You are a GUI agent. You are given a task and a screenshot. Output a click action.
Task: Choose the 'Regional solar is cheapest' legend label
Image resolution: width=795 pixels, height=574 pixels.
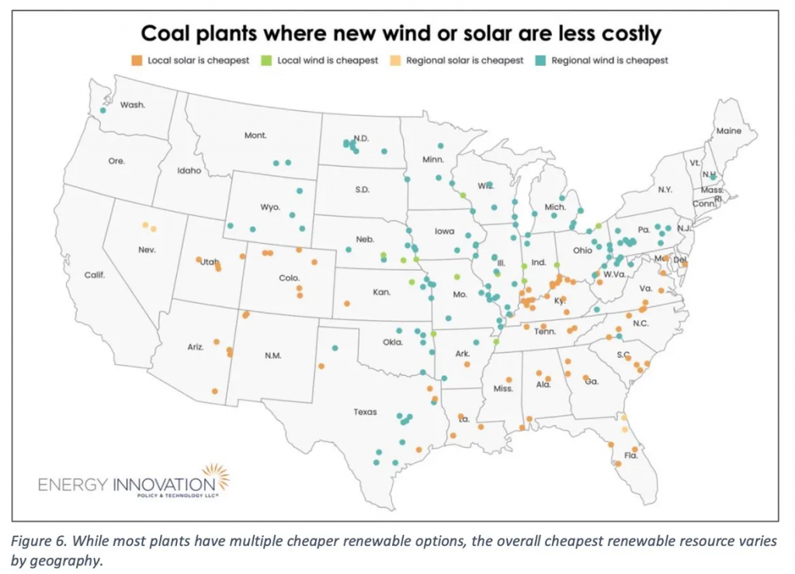coord(475,60)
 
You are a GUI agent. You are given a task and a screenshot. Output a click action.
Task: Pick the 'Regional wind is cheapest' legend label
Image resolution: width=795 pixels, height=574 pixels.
coord(609,60)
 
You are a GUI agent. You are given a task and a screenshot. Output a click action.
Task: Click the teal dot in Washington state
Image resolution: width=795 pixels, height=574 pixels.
coord(102,111)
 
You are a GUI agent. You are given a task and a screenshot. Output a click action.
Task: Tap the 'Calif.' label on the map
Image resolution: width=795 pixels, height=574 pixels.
coord(95,275)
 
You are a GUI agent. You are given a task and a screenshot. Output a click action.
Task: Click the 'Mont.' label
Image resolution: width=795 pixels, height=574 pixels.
coord(255,135)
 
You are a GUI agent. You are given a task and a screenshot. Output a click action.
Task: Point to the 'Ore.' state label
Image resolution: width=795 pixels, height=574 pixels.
coord(116,162)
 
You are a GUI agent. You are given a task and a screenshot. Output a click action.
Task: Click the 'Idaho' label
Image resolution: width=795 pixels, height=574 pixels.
coord(189,170)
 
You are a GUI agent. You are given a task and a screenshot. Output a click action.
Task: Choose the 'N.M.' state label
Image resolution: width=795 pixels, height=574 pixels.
coord(273,356)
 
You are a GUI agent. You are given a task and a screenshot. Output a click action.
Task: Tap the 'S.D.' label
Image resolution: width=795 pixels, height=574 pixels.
coord(361,189)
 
